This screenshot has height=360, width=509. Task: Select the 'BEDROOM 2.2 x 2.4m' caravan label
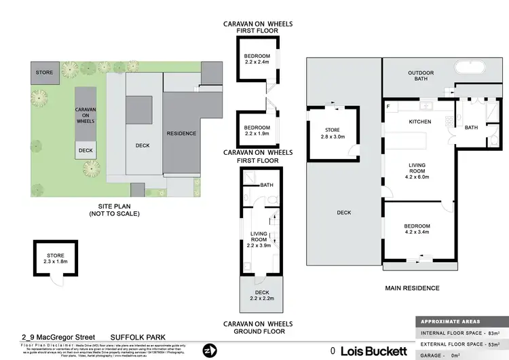257,59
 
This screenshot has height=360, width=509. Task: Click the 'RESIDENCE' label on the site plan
181,133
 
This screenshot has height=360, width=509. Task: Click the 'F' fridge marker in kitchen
388,107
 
